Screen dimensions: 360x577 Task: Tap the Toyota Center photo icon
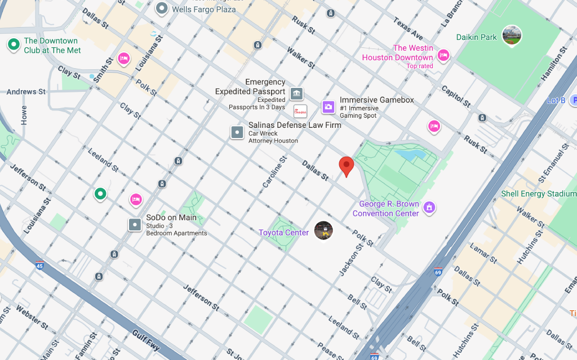tap(323, 230)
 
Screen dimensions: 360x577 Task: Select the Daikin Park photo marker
tap(512, 35)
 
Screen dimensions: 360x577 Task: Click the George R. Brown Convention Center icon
tap(429, 208)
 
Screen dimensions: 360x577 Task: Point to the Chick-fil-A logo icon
tap(300, 110)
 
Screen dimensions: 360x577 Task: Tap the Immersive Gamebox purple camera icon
tap(329, 106)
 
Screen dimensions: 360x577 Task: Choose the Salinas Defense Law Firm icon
tap(237, 132)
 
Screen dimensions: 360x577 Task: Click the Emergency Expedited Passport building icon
tap(296, 93)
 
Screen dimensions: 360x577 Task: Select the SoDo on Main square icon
tap(135, 225)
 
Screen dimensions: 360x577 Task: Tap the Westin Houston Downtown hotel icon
tap(443, 55)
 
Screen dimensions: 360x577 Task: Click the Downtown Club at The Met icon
tap(13, 43)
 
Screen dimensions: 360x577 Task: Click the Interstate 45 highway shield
tap(39, 265)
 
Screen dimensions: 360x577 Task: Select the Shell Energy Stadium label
tap(539, 194)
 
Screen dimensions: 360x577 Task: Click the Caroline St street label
tap(274, 172)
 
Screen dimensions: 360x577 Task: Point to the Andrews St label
tap(26, 92)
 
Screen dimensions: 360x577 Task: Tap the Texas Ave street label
tap(408, 28)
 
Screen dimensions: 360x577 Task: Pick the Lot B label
tap(556, 100)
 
